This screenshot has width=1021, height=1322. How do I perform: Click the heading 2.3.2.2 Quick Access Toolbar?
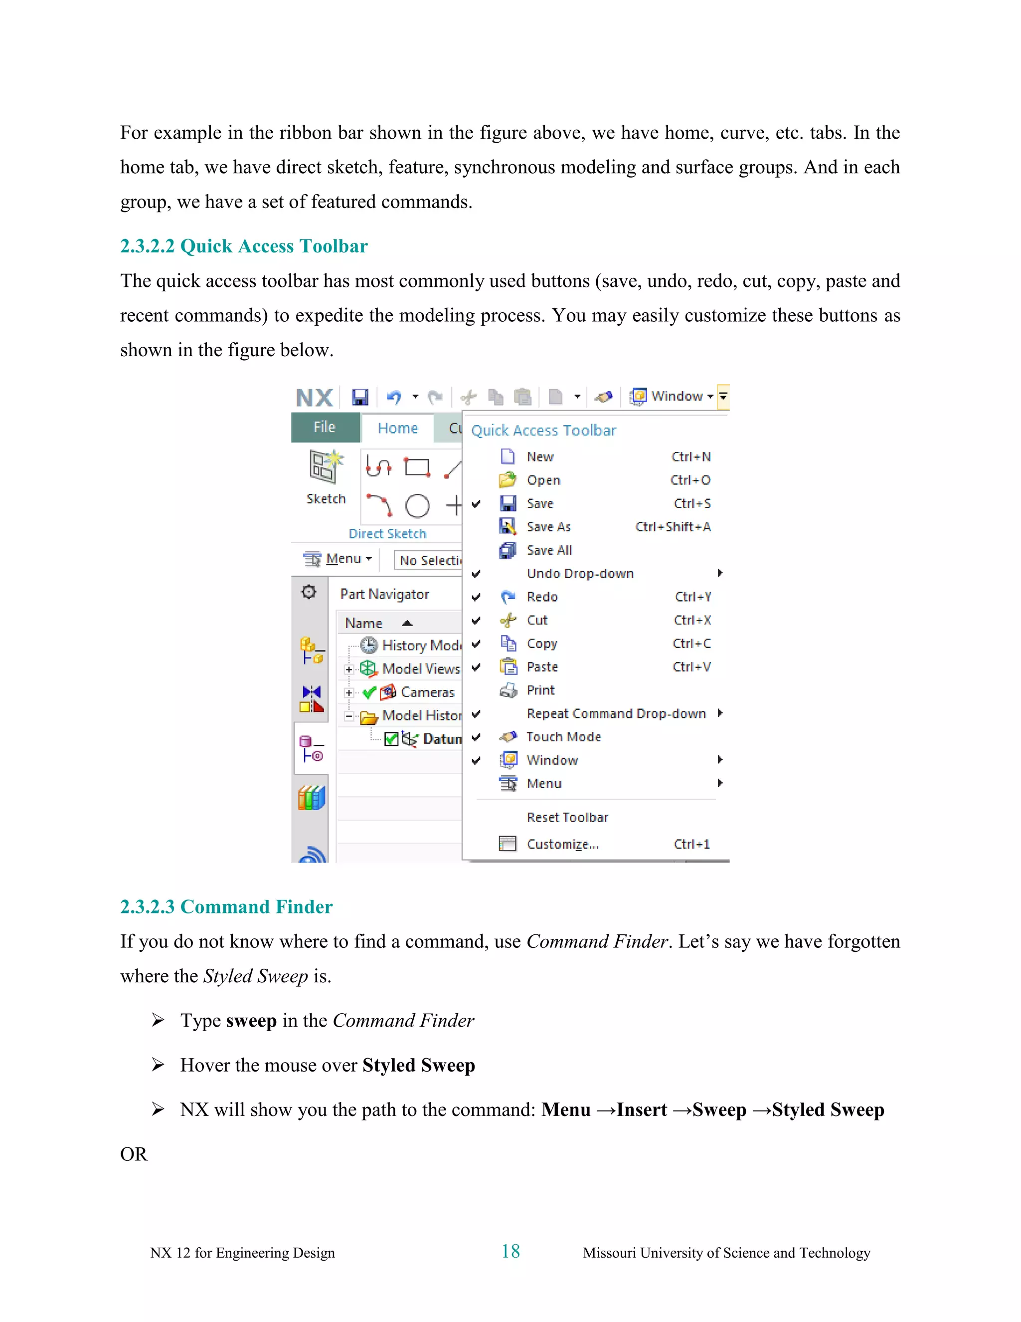(243, 246)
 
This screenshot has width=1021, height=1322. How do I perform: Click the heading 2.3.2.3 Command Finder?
(226, 907)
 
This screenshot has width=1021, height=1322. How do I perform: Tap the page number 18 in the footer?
(510, 1251)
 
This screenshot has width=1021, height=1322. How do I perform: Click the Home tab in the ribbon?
(397, 429)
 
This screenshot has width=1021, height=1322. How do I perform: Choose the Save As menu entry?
(548, 527)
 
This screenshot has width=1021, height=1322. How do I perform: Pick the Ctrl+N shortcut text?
(691, 457)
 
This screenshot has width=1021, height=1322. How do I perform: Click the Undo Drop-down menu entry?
(579, 574)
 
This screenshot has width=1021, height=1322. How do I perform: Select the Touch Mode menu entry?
(563, 737)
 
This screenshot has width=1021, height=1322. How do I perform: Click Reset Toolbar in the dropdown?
(567, 818)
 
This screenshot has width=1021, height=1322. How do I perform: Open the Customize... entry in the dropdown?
(562, 845)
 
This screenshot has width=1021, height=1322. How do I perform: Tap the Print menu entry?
(540, 690)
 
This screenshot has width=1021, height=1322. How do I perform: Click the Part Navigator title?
(384, 595)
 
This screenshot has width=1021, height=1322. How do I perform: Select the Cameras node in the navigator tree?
(427, 692)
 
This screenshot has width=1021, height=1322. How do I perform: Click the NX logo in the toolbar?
(315, 398)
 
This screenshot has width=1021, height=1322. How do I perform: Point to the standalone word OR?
(134, 1154)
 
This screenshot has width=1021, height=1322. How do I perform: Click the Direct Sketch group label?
(387, 534)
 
